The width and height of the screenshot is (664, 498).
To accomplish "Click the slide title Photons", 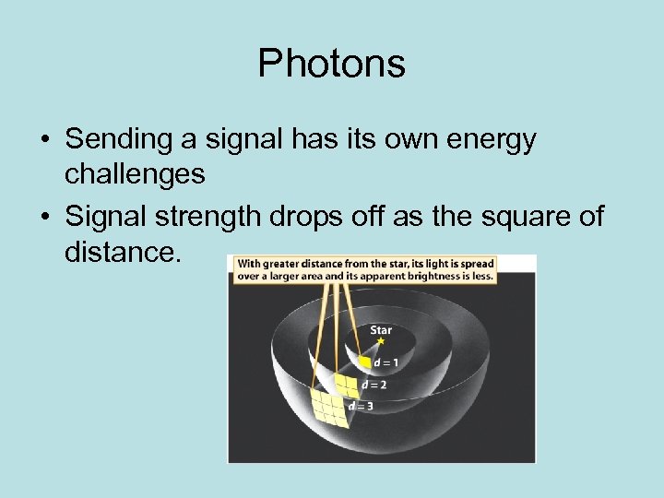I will point(331,64).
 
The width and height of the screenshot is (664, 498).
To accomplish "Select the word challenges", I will point(135,172).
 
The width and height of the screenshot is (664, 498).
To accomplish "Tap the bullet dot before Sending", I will point(44,141).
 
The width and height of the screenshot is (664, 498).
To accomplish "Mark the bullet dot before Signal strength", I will point(44,218).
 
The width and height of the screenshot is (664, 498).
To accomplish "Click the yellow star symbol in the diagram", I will point(379,341).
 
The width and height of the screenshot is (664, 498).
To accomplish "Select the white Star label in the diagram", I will point(381,329).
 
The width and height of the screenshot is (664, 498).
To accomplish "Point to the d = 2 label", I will point(373,384).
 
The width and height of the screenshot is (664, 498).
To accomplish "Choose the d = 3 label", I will point(361,405).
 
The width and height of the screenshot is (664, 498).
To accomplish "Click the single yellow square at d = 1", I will point(365,362).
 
